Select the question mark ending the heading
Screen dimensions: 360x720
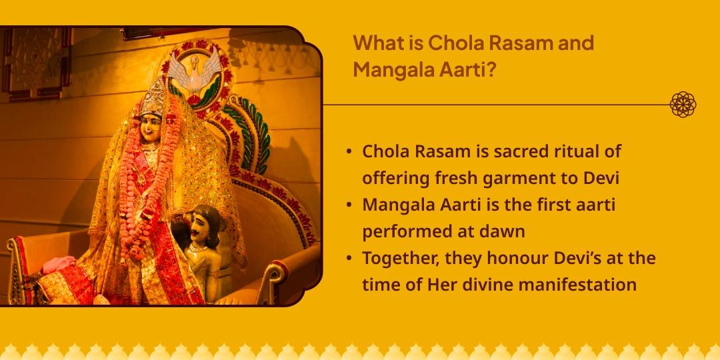coord(490,69)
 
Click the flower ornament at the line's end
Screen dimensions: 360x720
coord(683,105)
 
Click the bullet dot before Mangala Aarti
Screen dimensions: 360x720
coord(350,205)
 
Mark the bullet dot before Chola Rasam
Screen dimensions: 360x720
coord(350,152)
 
